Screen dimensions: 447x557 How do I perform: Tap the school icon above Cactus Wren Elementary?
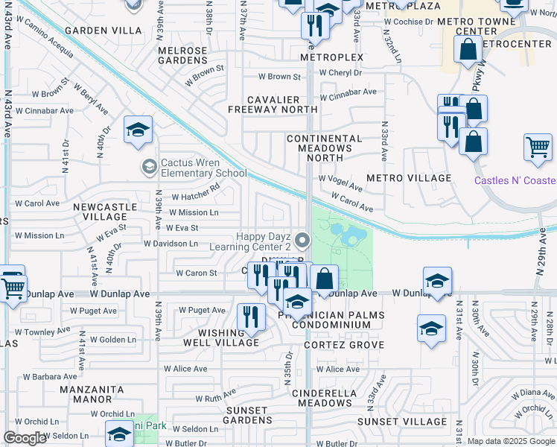click(x=138, y=131)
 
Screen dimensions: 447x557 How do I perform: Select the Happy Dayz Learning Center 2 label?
click(x=264, y=241)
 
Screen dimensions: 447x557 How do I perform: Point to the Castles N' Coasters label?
click(x=515, y=180)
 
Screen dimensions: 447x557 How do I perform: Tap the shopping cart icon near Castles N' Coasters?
click(x=538, y=147)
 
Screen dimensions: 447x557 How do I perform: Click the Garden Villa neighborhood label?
click(x=103, y=31)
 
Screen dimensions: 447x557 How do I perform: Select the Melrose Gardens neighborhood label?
click(x=182, y=55)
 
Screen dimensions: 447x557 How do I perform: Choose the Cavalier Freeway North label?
click(x=273, y=105)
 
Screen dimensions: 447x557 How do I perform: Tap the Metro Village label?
click(x=409, y=178)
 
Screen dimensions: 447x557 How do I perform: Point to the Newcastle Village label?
click(x=105, y=212)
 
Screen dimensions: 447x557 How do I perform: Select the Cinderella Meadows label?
click(x=322, y=398)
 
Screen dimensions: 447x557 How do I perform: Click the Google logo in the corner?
click(x=25, y=438)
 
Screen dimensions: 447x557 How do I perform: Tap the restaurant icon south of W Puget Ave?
click(x=251, y=317)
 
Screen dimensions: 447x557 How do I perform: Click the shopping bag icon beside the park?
click(x=325, y=279)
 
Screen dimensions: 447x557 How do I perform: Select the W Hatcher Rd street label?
click(x=195, y=197)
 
